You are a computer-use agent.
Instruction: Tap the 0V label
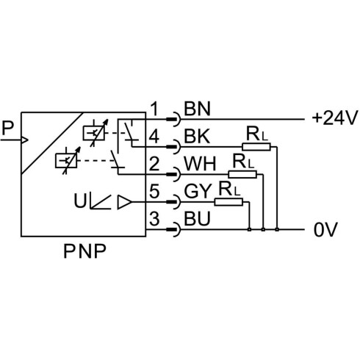[325, 230]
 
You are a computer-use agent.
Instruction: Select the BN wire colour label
[197, 109]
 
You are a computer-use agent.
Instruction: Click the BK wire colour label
[197, 137]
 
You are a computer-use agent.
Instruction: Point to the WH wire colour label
[200, 164]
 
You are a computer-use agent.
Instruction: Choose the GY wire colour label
[198, 191]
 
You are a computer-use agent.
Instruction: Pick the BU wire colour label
[197, 219]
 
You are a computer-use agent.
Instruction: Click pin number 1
[154, 109]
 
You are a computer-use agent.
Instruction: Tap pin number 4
[154, 137]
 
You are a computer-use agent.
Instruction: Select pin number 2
[154, 164]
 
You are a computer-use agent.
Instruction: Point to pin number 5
[154, 191]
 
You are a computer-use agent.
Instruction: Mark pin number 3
[154, 219]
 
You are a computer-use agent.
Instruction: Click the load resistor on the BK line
[256, 147]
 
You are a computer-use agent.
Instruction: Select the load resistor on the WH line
[242, 174]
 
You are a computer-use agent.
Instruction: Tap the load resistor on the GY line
[228, 202]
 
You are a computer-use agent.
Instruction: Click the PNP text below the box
[84, 251]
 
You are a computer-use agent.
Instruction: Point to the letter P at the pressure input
[7, 128]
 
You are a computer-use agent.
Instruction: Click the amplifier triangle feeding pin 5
[125, 202]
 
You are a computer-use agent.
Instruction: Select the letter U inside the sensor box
[80, 201]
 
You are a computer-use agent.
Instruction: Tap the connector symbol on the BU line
[174, 230]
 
